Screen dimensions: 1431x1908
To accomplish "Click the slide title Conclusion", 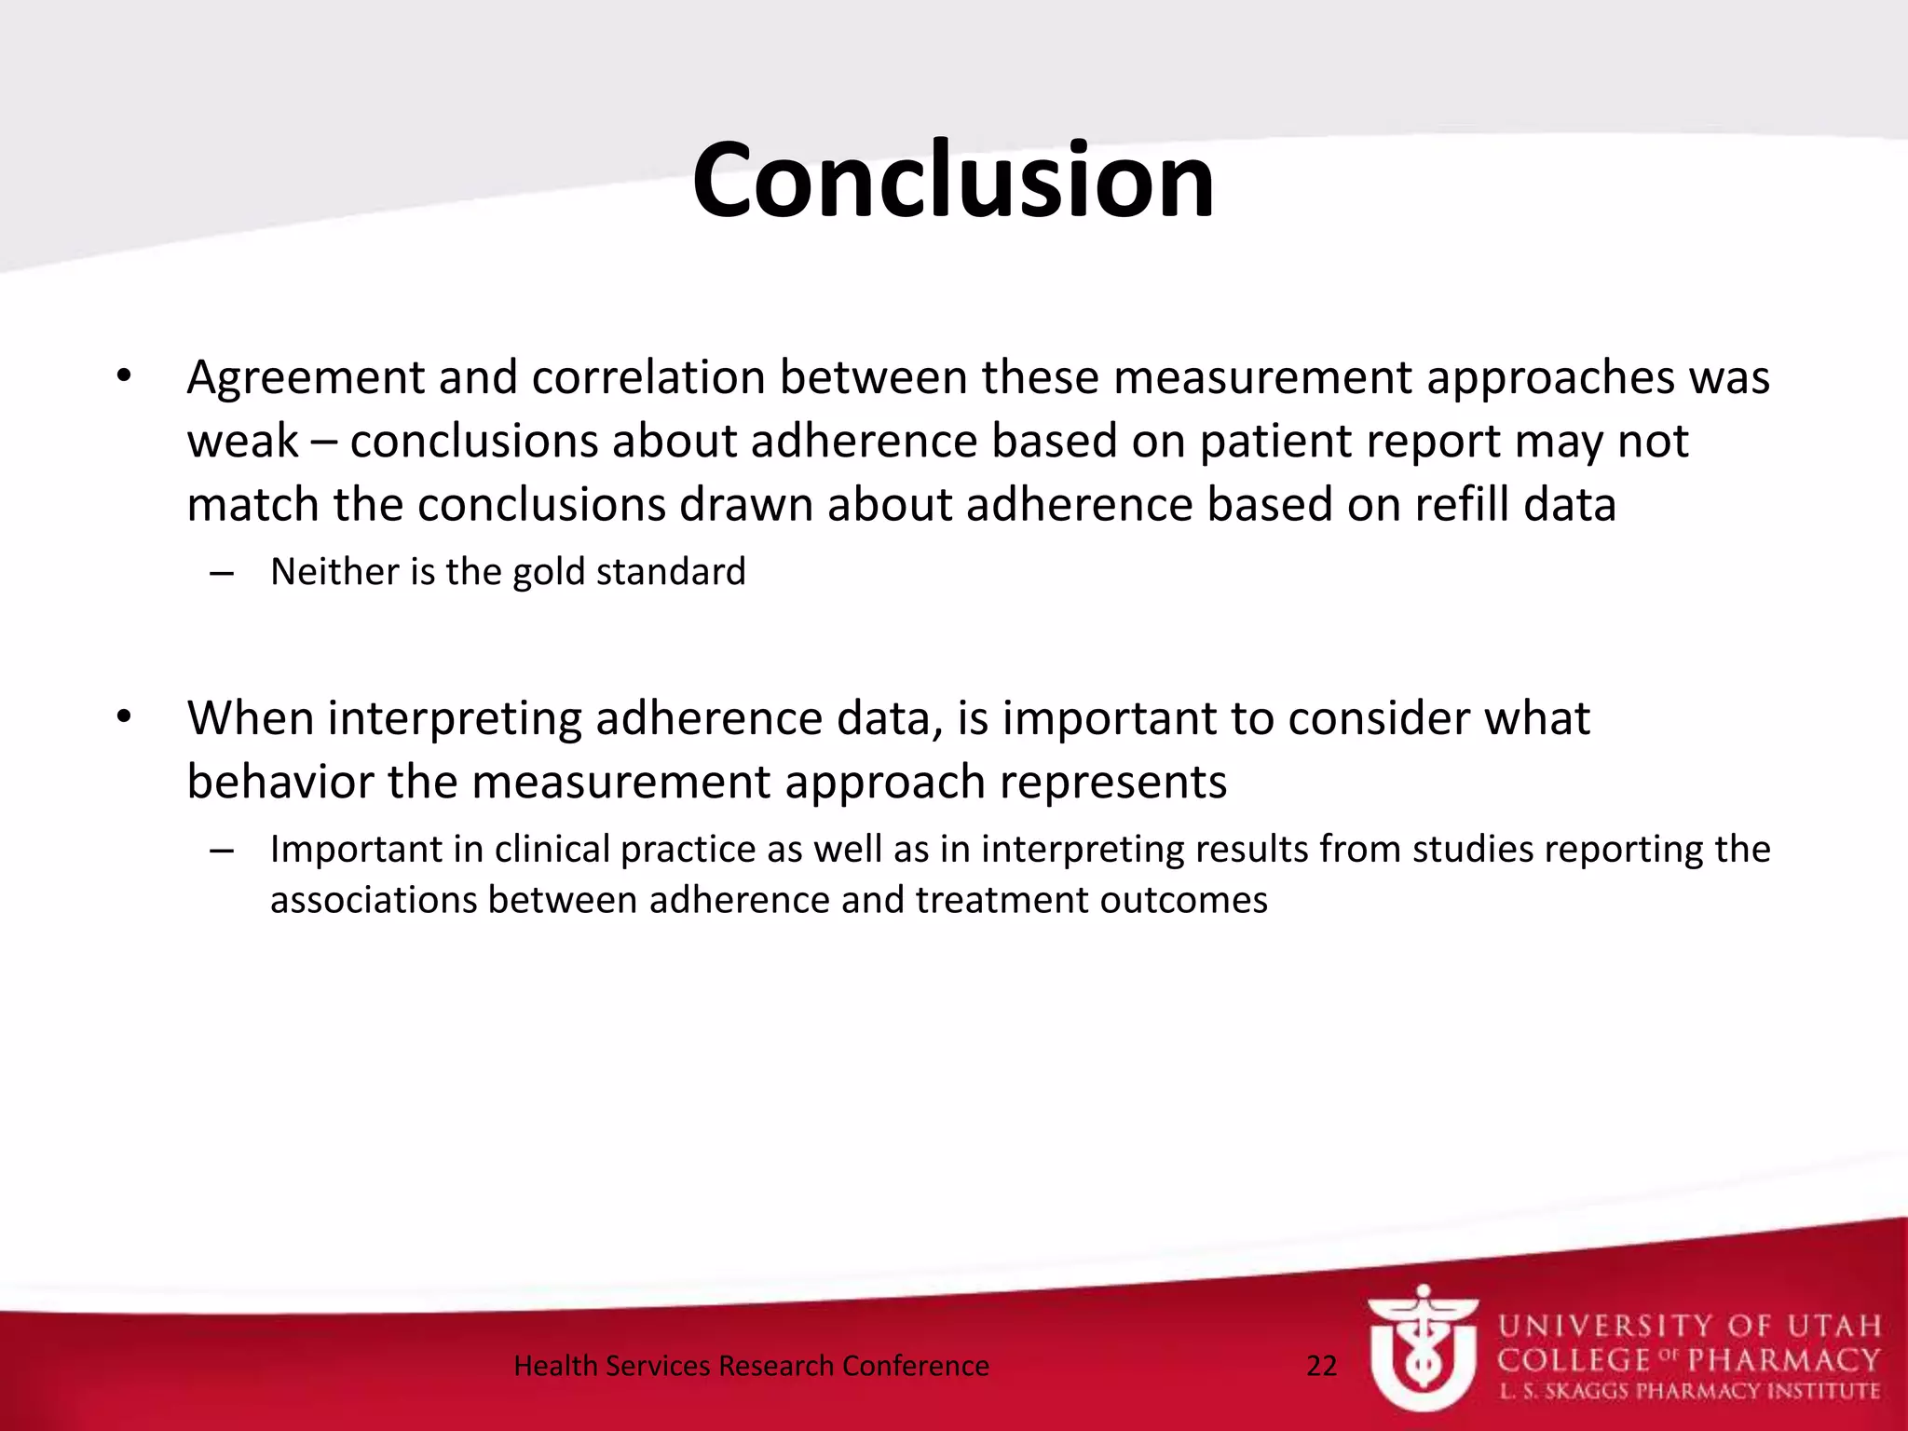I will [953, 181].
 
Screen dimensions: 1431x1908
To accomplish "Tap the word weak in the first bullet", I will [242, 442].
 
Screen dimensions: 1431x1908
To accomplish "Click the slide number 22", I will [1321, 1366].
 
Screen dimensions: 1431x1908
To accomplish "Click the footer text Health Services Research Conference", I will [751, 1366].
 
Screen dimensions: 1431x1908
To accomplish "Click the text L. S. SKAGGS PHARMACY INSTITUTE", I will [1689, 1392].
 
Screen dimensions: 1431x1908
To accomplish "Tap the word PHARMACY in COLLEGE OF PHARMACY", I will [1784, 1360].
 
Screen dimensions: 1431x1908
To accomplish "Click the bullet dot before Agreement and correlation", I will [124, 377].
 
